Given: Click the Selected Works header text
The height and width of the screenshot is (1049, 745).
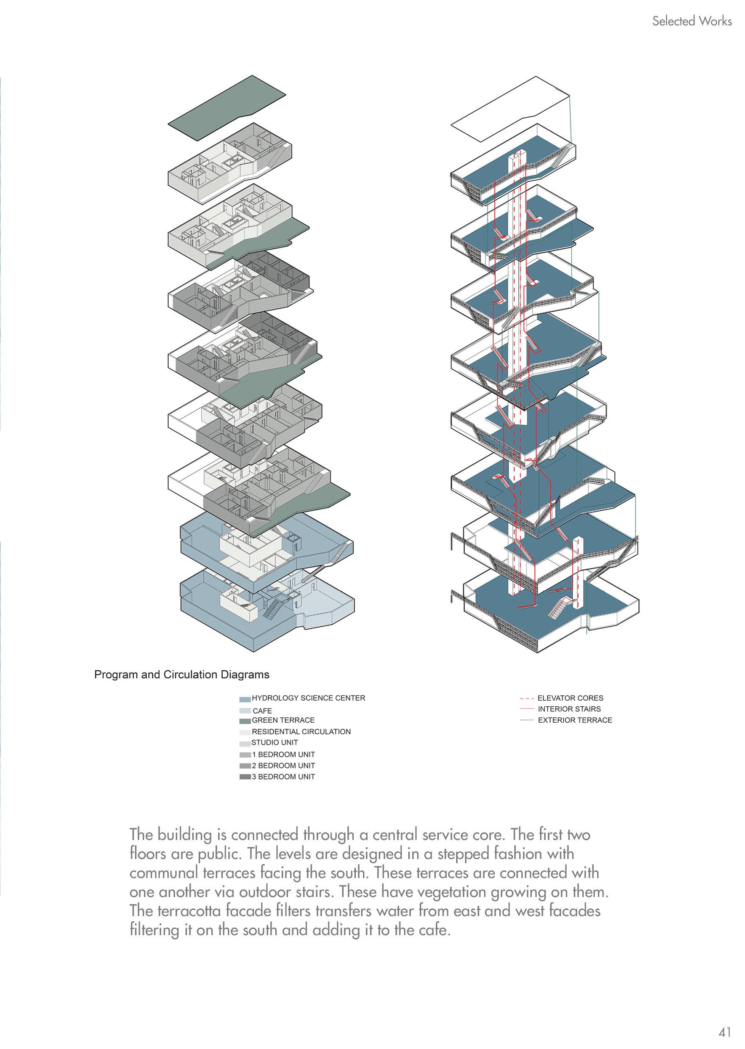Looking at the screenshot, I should click(692, 21).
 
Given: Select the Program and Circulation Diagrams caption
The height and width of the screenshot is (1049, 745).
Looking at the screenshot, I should click(182, 675).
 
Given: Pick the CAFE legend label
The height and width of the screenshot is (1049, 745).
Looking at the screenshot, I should click(263, 711).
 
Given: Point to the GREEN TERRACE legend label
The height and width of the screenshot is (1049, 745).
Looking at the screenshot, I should click(283, 720).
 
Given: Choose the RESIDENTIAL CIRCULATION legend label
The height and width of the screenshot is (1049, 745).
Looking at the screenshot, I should click(301, 732).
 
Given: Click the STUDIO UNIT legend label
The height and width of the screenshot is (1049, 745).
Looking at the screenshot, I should click(274, 742).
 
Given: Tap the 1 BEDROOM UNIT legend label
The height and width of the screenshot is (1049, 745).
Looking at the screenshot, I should click(283, 754).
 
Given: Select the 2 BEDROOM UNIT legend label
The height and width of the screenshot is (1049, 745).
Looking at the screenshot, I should click(283, 765).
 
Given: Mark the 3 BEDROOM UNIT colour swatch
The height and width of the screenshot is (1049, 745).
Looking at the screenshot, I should click(245, 777).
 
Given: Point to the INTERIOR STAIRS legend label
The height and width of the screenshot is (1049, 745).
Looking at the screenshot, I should click(569, 709).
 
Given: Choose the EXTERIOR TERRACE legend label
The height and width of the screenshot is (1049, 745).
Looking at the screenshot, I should click(575, 720).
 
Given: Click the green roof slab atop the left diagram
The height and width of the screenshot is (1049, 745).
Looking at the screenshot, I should click(227, 108).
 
